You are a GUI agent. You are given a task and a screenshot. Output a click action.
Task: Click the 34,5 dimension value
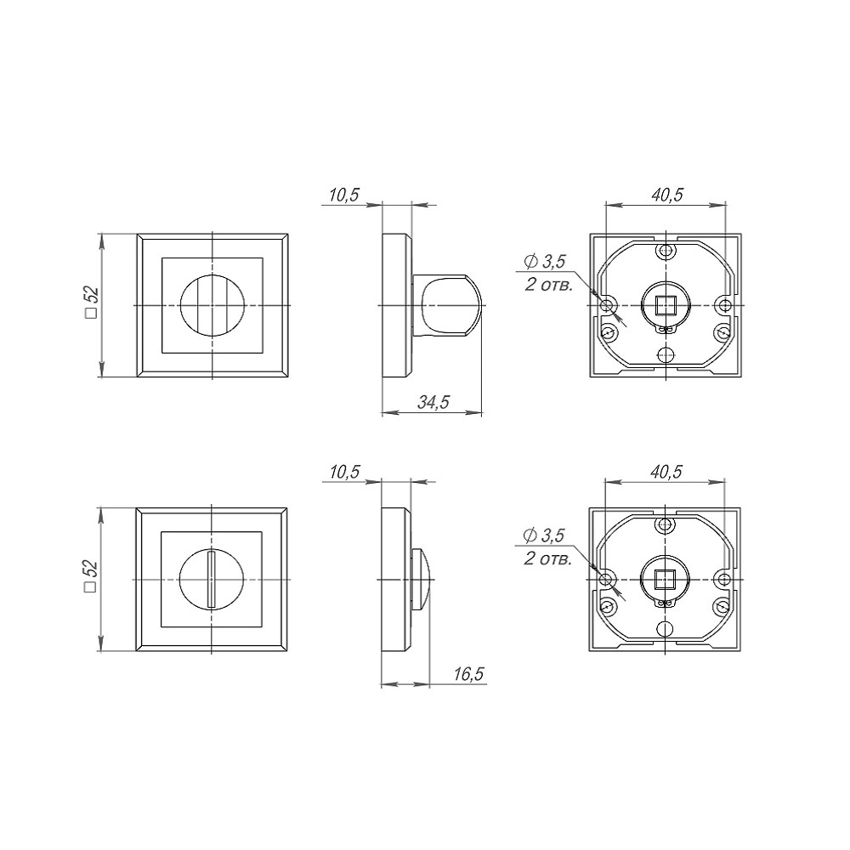click(x=433, y=402)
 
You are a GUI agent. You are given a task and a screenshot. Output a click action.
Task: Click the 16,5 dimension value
click(x=468, y=674)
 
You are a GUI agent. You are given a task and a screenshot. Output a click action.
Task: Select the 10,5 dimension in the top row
click(x=344, y=195)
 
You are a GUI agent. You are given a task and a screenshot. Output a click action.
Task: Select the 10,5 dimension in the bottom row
click(x=344, y=472)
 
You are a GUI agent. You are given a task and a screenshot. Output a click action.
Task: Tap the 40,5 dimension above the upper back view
click(x=666, y=195)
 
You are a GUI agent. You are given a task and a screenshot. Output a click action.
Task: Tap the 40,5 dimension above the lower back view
click(x=666, y=472)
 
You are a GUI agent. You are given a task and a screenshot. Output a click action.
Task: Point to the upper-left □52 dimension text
click(x=92, y=303)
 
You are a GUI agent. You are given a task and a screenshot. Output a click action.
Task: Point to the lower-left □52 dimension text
click(x=92, y=575)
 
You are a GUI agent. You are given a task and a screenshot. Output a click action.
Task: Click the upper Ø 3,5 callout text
click(x=545, y=262)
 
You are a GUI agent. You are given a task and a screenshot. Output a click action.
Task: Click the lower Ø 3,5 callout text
click(x=544, y=535)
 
